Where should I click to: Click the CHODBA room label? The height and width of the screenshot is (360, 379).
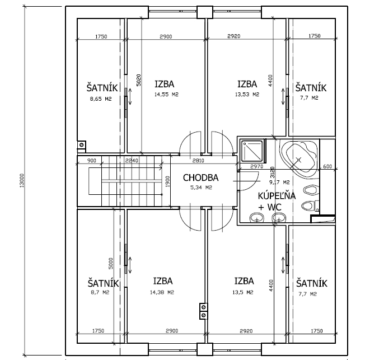tap(200, 177)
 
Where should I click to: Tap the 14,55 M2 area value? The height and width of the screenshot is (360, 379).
tap(166, 94)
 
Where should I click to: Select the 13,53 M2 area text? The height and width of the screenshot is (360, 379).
tap(247, 94)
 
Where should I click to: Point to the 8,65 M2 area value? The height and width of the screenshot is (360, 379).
tap(101, 99)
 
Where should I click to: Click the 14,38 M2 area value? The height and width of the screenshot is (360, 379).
tap(162, 292)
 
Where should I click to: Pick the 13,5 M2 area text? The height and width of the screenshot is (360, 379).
tap(243, 292)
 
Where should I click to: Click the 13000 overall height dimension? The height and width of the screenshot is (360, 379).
tap(22, 180)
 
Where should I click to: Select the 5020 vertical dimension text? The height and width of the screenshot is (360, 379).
tap(138, 80)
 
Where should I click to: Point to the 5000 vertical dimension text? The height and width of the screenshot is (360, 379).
tap(110, 264)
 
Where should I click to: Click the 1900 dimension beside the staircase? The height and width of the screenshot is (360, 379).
tap(167, 181)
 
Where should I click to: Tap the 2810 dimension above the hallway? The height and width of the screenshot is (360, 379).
tap(198, 161)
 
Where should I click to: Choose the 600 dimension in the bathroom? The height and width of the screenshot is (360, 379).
tap(327, 166)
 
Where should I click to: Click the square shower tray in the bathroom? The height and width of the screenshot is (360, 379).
tap(252, 151)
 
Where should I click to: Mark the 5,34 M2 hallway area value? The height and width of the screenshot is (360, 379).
tap(202, 187)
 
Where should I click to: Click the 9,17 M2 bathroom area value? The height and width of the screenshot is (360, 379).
tap(279, 182)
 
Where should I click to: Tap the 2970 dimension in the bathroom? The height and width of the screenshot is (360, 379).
tap(257, 166)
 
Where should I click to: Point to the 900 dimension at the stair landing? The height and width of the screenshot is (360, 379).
tap(91, 161)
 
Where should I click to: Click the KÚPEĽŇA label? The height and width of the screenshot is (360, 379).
tap(277, 195)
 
